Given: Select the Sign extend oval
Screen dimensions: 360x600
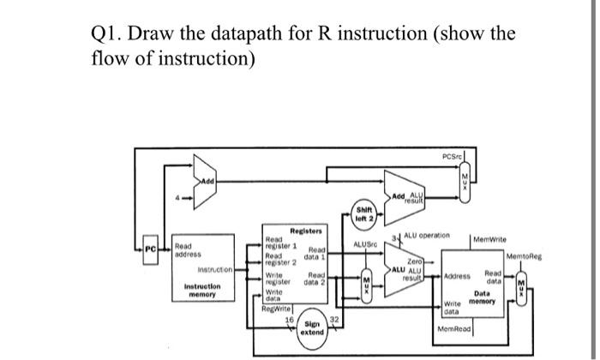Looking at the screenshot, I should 312,327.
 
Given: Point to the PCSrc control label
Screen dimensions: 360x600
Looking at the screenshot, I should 453,157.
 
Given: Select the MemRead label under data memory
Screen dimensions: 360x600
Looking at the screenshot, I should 456,327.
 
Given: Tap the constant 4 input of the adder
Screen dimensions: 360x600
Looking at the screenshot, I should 177,201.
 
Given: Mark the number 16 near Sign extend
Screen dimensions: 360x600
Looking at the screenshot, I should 289,317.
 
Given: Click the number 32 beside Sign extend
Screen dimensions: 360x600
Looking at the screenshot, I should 335,317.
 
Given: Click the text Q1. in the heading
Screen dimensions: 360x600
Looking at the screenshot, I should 109,35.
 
